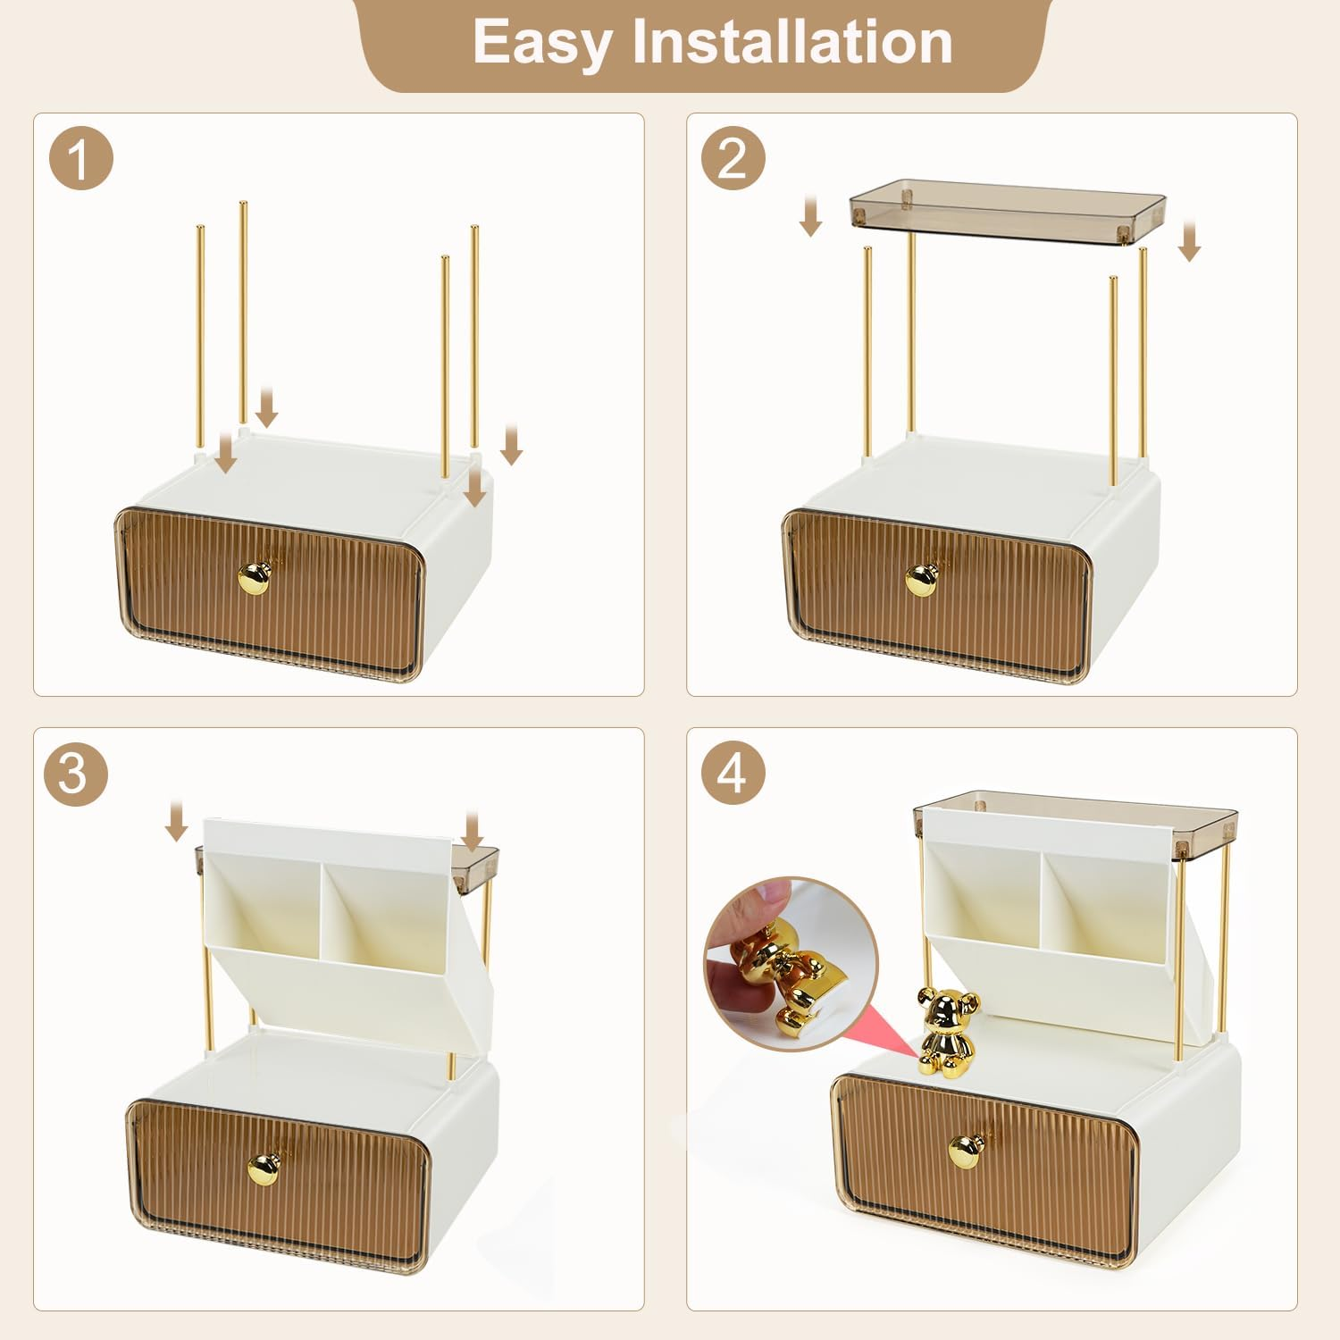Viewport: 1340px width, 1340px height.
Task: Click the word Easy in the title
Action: point(541,42)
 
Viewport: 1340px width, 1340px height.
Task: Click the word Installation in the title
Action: point(792,42)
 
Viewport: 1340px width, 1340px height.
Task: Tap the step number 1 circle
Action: point(80,159)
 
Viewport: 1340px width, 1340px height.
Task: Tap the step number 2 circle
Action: point(733,159)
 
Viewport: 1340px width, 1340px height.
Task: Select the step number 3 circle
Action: point(75,774)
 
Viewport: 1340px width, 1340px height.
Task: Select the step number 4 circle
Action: point(733,774)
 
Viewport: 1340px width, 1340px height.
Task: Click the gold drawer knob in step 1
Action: point(254,579)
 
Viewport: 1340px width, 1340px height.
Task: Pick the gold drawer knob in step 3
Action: point(263,1168)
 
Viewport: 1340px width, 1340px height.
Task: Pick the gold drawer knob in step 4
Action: point(966,1151)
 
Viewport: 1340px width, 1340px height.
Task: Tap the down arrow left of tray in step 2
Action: point(810,217)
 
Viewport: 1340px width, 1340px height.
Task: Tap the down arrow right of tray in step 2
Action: point(1189,241)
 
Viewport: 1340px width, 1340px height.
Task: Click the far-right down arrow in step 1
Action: point(511,445)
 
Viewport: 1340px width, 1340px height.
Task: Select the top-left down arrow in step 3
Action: point(177,821)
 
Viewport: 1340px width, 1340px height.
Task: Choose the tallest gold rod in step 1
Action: point(242,313)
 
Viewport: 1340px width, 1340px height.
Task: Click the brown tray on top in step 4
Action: point(1076,816)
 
